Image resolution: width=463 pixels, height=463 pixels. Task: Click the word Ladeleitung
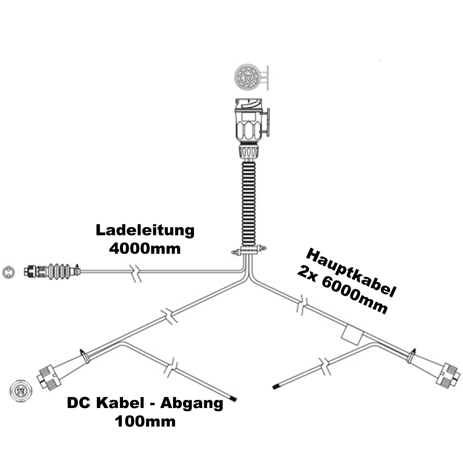coord(145,230)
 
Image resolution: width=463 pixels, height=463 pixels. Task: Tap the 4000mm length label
coord(145,249)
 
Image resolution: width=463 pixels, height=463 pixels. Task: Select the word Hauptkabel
coord(350,273)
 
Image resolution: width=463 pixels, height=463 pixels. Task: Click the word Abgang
coord(192,403)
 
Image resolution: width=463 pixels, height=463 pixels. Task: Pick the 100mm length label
coord(145,421)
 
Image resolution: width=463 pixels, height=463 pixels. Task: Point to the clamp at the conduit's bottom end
coord(249,251)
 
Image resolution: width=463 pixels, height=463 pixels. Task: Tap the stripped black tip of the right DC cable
coord(276,387)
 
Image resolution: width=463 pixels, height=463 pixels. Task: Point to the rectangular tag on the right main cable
coord(352,335)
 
